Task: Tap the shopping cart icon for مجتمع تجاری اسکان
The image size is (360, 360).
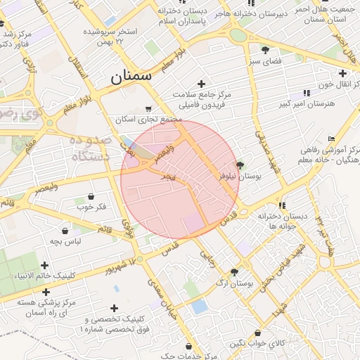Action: [148, 109]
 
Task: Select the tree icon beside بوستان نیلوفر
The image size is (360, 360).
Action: [240, 165]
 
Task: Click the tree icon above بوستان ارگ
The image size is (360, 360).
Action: [234, 272]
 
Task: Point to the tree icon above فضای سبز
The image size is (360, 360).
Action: [265, 50]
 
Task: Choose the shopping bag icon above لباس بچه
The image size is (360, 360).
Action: [65, 231]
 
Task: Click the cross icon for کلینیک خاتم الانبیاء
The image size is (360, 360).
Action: [45, 265]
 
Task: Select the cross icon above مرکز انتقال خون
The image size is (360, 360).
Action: [342, 73]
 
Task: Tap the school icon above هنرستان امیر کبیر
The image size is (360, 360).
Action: [307, 93]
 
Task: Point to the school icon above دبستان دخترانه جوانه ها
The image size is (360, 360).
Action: [282, 205]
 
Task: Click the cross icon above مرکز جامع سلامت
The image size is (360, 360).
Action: [202, 84]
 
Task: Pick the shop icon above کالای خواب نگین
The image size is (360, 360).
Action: [257, 333]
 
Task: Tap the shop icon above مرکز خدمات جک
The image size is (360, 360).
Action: [188, 346]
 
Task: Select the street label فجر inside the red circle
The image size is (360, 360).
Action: [169, 172]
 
